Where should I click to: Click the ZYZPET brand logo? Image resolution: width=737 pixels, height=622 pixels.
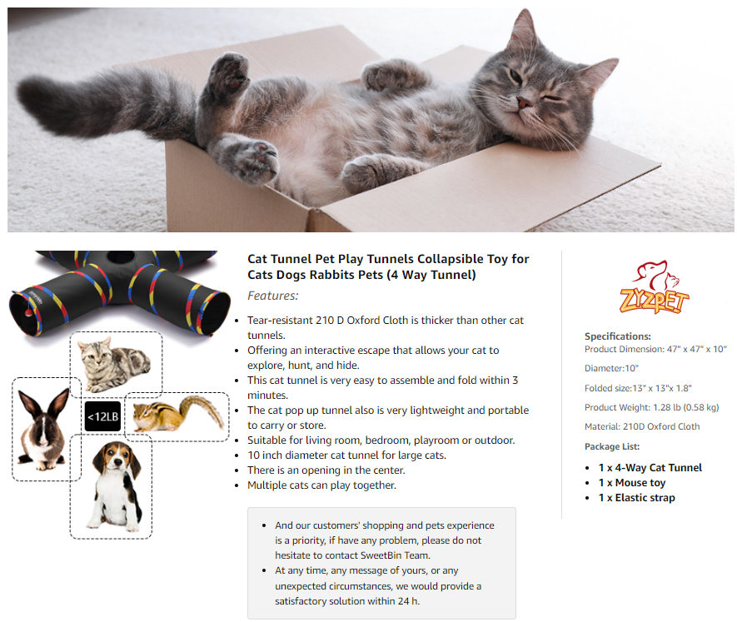point(654,287)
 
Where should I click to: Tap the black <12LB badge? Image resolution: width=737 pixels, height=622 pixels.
point(103,416)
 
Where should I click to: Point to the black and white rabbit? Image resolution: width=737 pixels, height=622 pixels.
point(43,429)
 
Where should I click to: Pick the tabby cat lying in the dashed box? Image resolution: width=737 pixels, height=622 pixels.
point(113,365)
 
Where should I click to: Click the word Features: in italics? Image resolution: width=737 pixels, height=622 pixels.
point(272,296)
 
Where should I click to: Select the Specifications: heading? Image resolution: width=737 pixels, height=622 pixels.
point(618,336)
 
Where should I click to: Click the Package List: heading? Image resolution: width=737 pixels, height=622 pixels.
point(612,446)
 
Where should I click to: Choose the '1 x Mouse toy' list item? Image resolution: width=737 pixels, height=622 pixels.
point(632,483)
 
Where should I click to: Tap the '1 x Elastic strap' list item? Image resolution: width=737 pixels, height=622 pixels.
point(636,498)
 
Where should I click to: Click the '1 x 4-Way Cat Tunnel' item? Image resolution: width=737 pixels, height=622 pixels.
point(650,468)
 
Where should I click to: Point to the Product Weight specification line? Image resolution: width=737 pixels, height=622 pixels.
point(651,407)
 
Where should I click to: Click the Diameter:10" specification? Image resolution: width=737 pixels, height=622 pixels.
point(611,368)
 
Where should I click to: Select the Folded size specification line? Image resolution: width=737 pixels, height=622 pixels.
point(638,388)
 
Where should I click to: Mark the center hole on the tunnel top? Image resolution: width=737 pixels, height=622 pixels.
point(120,256)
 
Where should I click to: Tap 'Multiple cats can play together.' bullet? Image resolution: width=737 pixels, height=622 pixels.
point(322,485)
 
